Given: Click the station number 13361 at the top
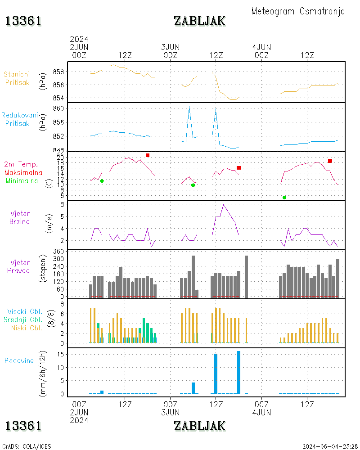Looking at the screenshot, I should pyautogui.click(x=23, y=21).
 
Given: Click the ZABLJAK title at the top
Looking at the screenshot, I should pyautogui.click(x=199, y=21).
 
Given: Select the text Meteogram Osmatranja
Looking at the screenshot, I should pyautogui.click(x=298, y=11).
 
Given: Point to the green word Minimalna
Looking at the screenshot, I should pyautogui.click(x=22, y=180).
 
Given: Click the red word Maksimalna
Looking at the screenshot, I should pyautogui.click(x=23, y=172).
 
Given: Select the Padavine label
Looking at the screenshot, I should pyautogui.click(x=19, y=360).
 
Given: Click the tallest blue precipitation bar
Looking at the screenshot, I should pyautogui.click(x=238, y=372).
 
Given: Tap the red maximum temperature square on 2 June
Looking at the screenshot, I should pyautogui.click(x=147, y=155).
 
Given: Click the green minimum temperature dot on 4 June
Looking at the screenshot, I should pyautogui.click(x=284, y=198).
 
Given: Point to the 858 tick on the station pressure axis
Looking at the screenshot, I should pyautogui.click(x=60, y=72).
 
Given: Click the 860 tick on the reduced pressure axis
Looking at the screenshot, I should pyautogui.click(x=60, y=108).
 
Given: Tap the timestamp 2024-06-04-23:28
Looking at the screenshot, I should pyautogui.click(x=330, y=446).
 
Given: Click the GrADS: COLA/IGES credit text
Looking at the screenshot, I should pyautogui.click(x=27, y=446).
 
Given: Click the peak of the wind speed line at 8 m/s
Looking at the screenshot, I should pyautogui.click(x=223, y=204).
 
